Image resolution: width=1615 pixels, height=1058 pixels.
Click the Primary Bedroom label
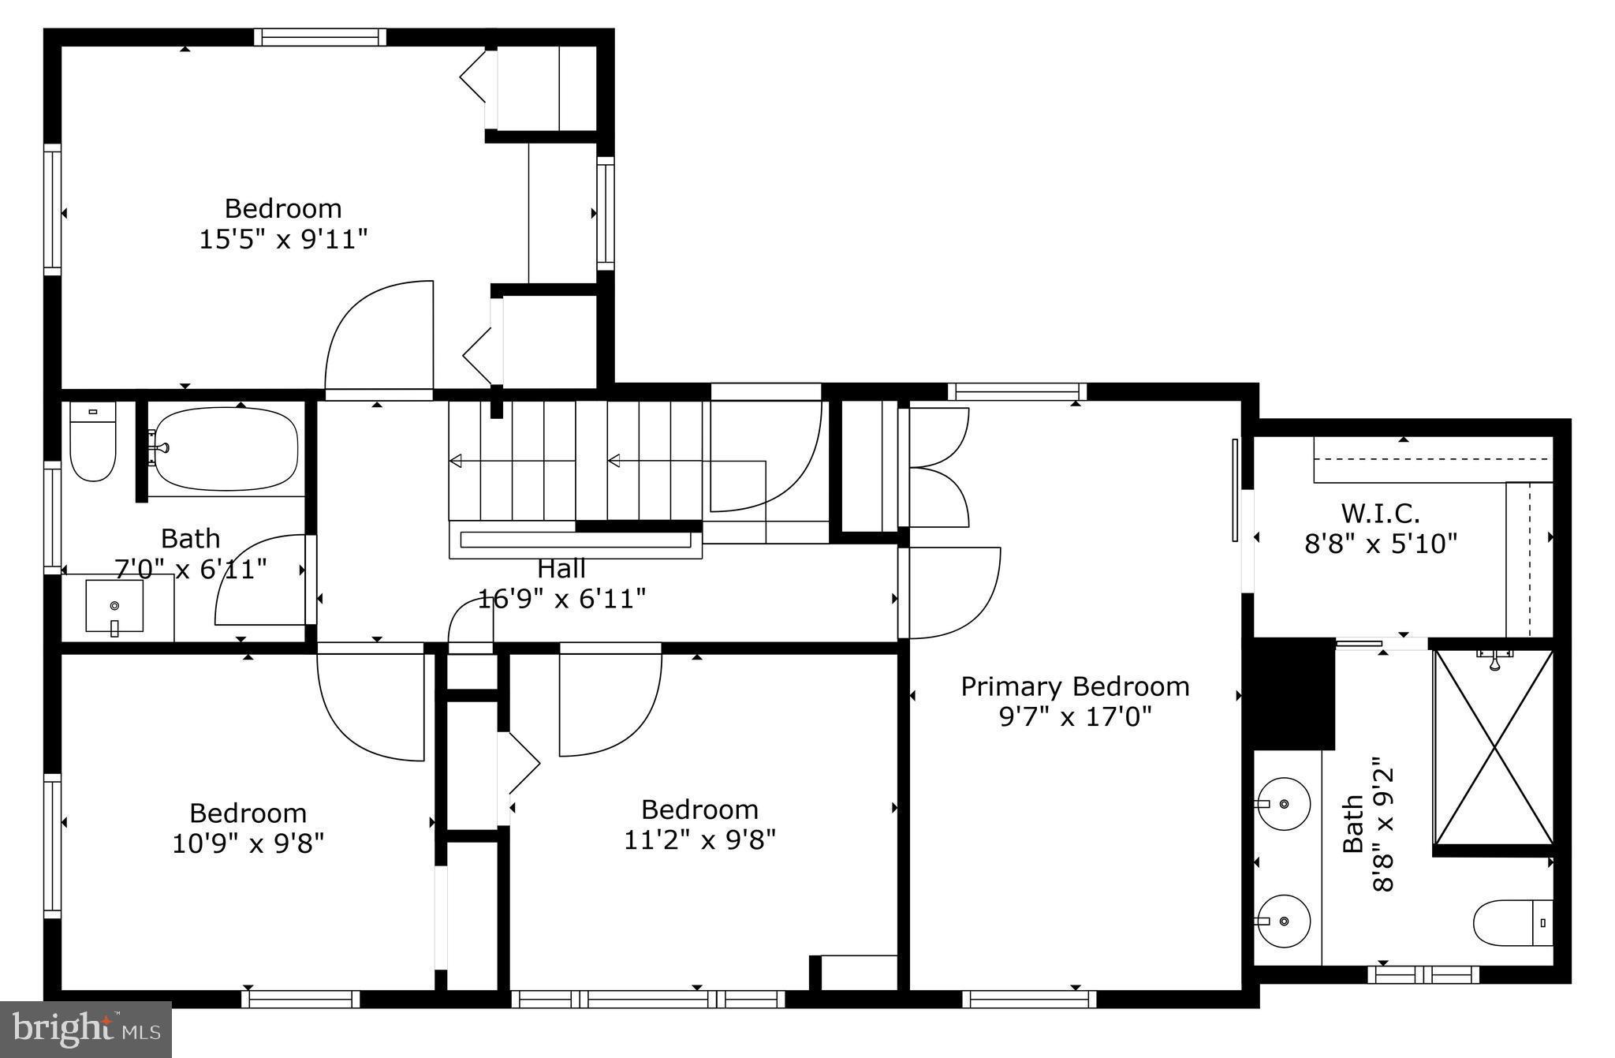tap(1074, 686)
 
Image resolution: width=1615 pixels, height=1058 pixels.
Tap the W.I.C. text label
tap(1380, 514)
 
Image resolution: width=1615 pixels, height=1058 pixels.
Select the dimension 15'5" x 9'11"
tap(283, 238)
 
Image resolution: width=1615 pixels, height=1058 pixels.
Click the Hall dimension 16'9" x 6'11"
tap(561, 599)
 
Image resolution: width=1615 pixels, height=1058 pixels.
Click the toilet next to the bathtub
tap(92, 442)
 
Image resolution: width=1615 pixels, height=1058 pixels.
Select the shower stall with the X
tap(1494, 748)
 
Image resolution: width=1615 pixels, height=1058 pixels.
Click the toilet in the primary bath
tap(1512, 922)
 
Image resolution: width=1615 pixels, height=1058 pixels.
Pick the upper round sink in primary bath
tap(1284, 804)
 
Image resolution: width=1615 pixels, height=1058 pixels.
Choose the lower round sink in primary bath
tap(1284, 921)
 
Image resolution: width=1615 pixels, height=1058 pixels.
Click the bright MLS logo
tap(85, 1029)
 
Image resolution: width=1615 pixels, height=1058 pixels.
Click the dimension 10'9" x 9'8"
tap(248, 843)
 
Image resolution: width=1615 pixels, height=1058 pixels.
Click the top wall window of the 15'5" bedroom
tap(320, 37)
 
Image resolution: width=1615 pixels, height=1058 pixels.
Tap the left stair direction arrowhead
tap(456, 461)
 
